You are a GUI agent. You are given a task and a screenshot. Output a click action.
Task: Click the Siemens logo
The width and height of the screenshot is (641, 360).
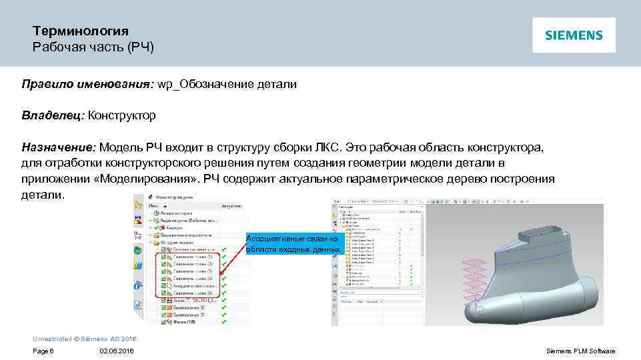coord(574,35)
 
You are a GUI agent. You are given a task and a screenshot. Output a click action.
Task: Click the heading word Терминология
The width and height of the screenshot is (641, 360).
coord(81,31)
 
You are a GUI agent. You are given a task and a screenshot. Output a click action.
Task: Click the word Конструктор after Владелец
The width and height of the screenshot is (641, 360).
coord(122,115)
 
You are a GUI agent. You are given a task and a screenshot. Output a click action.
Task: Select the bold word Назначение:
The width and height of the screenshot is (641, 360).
coord(59,147)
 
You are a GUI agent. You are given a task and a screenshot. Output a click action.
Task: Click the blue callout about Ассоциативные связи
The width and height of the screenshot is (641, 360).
coord(294,244)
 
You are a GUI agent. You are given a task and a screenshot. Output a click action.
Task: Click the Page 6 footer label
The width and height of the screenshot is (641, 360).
coord(43,351)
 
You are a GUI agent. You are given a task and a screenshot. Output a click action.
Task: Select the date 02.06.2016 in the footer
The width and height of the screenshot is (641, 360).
coord(116,351)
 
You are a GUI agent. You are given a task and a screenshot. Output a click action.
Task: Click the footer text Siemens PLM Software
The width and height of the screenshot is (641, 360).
coord(580,351)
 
